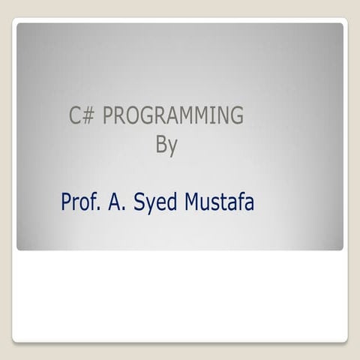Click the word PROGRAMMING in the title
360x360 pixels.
tap(172, 117)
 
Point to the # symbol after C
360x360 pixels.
tap(88, 117)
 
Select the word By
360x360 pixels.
tap(166, 144)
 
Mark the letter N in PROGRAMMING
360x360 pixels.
tap(223, 117)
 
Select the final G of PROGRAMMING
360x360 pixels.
tap(236, 117)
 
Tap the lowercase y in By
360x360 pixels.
tap(172, 146)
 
